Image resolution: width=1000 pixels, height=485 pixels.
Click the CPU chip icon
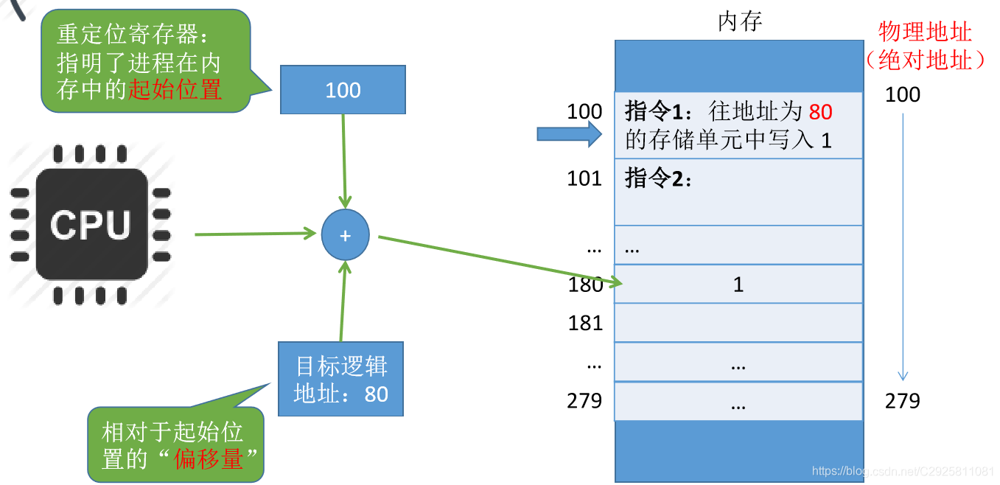pos(91,223)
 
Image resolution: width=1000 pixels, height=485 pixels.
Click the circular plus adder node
pos(345,236)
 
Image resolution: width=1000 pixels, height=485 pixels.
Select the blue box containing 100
pos(343,90)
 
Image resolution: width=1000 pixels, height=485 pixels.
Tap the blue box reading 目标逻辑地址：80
pos(341,380)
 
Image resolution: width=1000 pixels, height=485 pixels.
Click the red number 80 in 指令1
pos(820,112)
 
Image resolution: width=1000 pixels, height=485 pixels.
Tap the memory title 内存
pos(739,21)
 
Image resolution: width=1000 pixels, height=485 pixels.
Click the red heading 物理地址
pos(925,32)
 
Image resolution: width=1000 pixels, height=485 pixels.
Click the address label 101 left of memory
pos(584,178)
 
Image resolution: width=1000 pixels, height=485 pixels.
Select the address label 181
pos(585,323)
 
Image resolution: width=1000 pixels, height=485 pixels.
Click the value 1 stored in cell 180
pos(738,285)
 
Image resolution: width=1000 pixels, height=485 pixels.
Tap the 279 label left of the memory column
pos(584,401)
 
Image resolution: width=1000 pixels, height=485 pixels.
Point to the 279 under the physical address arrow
pos(903,401)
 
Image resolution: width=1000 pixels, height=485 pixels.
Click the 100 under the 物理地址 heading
pos(903,94)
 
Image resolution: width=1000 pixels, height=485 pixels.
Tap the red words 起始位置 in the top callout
pos(175,90)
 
